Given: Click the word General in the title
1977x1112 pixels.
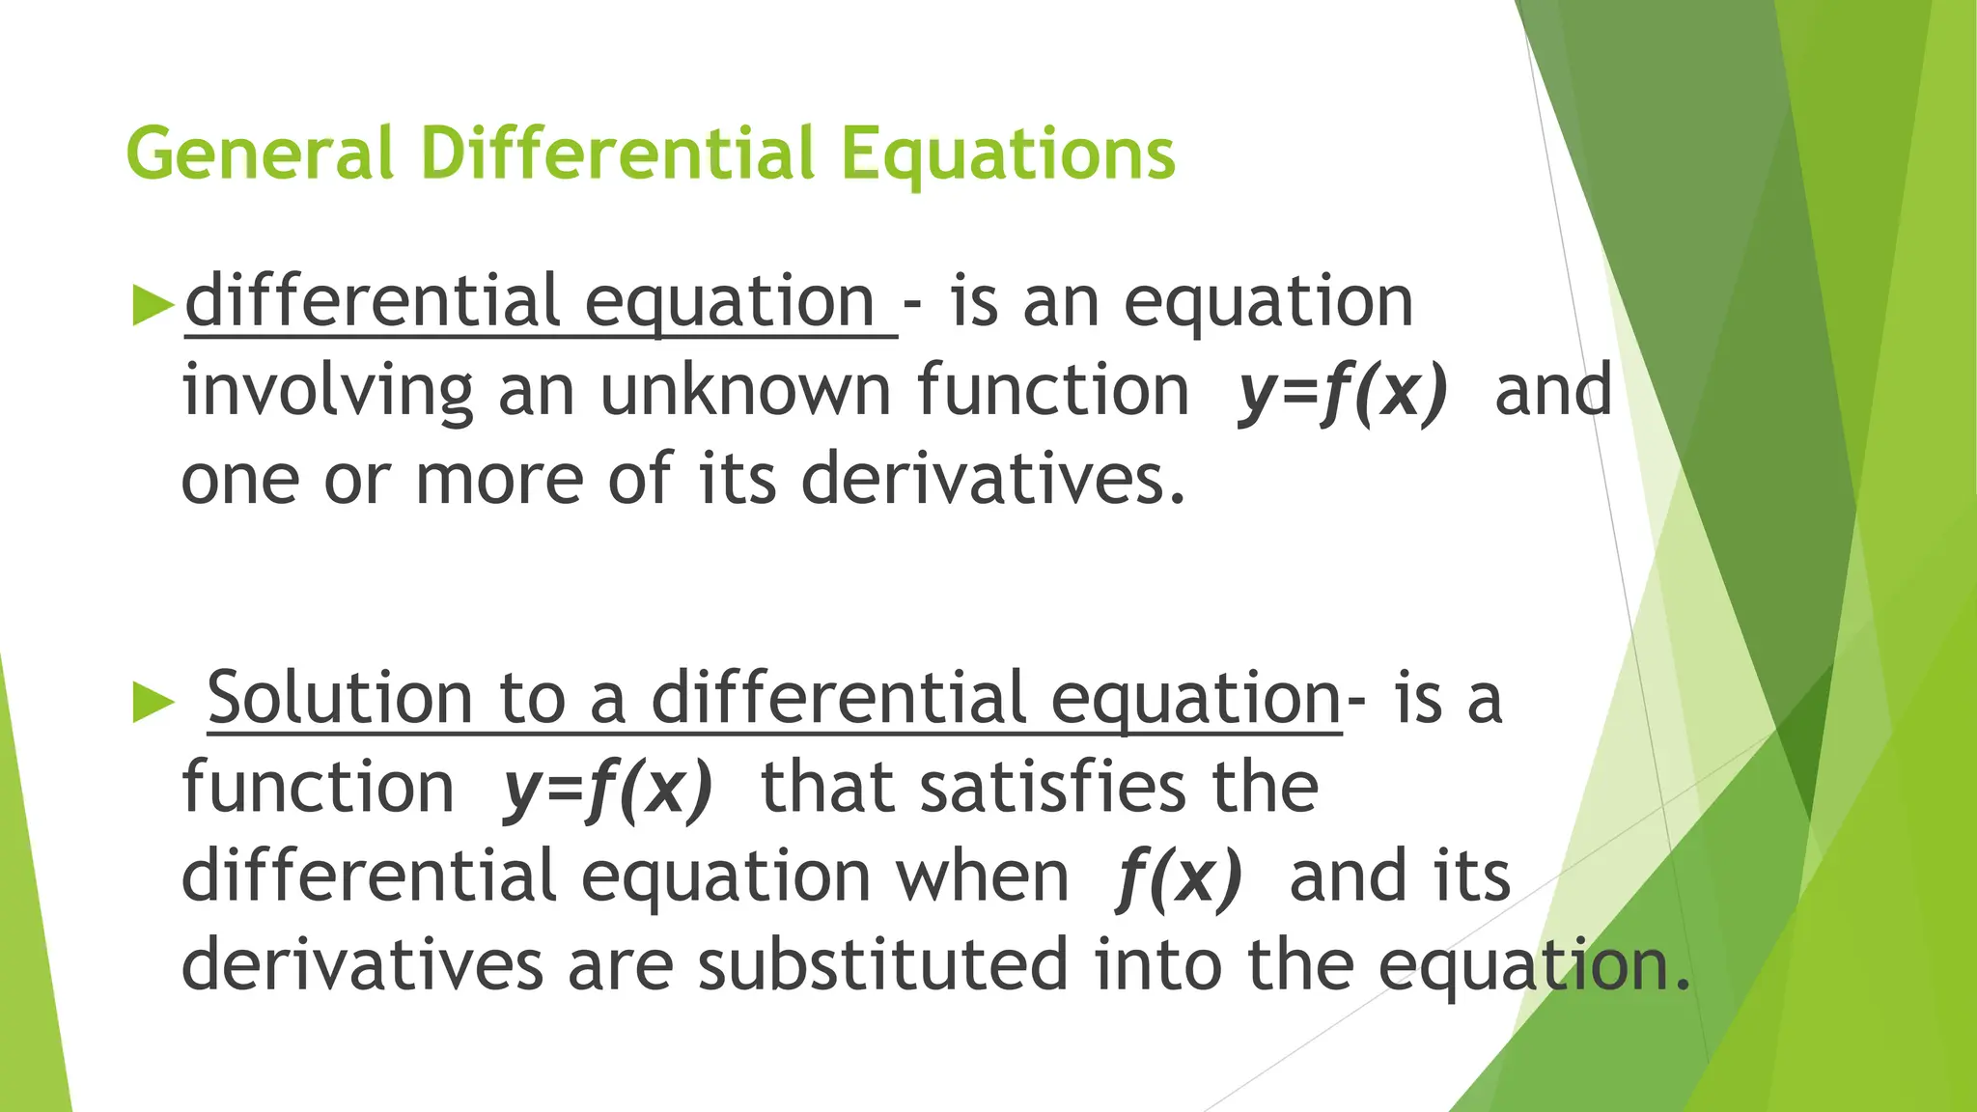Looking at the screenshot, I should click(x=260, y=153).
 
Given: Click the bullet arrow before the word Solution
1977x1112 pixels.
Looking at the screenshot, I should click(x=153, y=702).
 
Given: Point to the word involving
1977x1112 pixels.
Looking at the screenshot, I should click(x=327, y=392).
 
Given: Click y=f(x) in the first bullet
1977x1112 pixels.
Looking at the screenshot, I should click(x=1343, y=392).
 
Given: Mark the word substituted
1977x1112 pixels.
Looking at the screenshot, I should click(x=883, y=964).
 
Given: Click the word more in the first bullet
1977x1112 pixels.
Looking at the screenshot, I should click(x=498, y=480).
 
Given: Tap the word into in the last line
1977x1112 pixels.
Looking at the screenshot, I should click(x=1159, y=964).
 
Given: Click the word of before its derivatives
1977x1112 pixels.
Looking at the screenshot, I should click(x=640, y=480).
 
